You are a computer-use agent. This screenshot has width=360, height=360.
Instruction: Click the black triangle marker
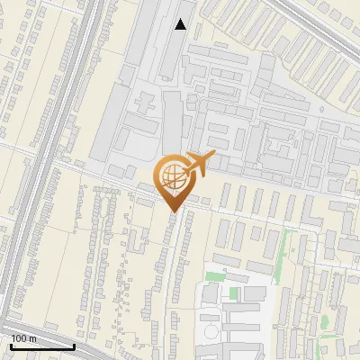[181, 24]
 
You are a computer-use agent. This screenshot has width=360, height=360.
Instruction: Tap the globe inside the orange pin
[173, 175]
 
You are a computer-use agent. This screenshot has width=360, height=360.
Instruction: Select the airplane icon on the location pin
[199, 164]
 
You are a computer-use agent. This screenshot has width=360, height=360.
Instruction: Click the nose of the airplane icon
[213, 157]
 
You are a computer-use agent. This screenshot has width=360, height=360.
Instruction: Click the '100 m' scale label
[24, 338]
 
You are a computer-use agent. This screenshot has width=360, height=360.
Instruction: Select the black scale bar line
[41, 346]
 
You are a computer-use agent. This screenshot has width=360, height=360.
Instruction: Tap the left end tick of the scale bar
[10, 344]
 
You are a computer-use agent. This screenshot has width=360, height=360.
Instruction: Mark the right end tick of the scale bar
[74, 344]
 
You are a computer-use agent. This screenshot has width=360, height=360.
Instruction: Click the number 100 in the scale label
[20, 338]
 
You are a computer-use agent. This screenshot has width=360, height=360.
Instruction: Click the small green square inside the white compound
[234, 293]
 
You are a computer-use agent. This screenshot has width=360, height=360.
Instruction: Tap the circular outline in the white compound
[211, 332]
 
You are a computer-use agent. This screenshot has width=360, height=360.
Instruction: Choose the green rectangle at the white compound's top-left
[214, 276]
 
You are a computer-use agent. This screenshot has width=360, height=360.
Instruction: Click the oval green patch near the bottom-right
[323, 322]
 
